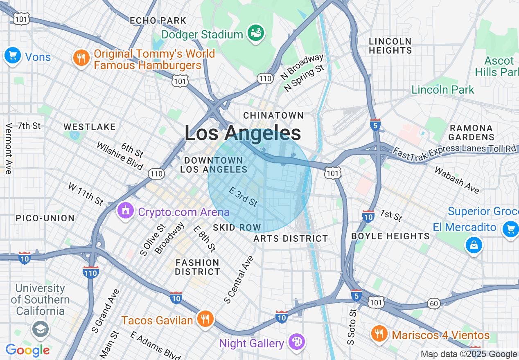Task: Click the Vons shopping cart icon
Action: pos(12,55)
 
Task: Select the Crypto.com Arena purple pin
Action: pos(126,211)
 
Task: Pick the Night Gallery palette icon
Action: pos(296,342)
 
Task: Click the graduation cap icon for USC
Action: pos(40,329)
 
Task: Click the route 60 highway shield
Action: pos(434,303)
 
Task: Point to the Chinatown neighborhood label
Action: pos(273,116)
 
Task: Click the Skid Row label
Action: pos(237,227)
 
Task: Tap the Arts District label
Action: pos(291,239)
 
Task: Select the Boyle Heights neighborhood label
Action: pos(390,236)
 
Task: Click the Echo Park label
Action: pos(158,20)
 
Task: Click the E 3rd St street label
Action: pos(243,197)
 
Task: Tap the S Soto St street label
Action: pos(351,326)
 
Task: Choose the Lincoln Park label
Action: pos(443,90)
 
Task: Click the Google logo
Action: pos(27,351)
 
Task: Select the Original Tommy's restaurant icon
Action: pos(81,58)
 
